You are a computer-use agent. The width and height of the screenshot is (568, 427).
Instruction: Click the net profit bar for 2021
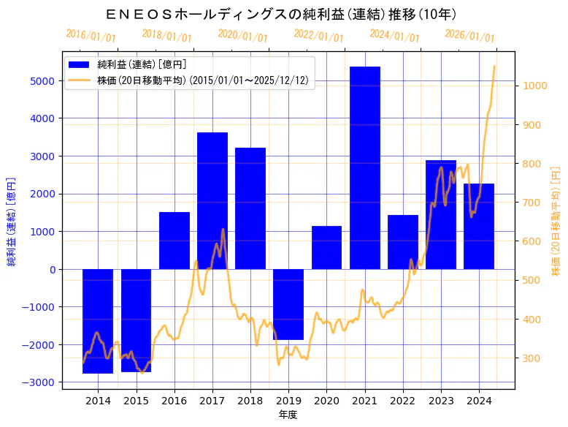click(x=365, y=167)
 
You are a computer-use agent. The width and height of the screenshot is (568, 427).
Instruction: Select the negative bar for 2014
click(x=98, y=321)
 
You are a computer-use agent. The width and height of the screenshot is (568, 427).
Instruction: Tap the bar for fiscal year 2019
click(x=288, y=304)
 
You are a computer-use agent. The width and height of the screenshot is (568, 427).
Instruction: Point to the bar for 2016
click(x=174, y=241)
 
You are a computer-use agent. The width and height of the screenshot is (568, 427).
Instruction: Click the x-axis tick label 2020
click(x=326, y=401)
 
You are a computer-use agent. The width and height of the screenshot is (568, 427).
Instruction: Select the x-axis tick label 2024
click(x=479, y=401)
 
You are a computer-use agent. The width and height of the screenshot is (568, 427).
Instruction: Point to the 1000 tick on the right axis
click(x=535, y=86)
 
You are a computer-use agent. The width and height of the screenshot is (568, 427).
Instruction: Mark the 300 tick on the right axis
click(x=532, y=358)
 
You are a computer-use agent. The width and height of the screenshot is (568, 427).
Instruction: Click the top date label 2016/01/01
click(x=91, y=35)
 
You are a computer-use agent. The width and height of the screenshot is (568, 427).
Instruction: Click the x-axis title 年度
click(x=288, y=415)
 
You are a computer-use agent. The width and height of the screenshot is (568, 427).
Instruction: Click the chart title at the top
click(x=281, y=14)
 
